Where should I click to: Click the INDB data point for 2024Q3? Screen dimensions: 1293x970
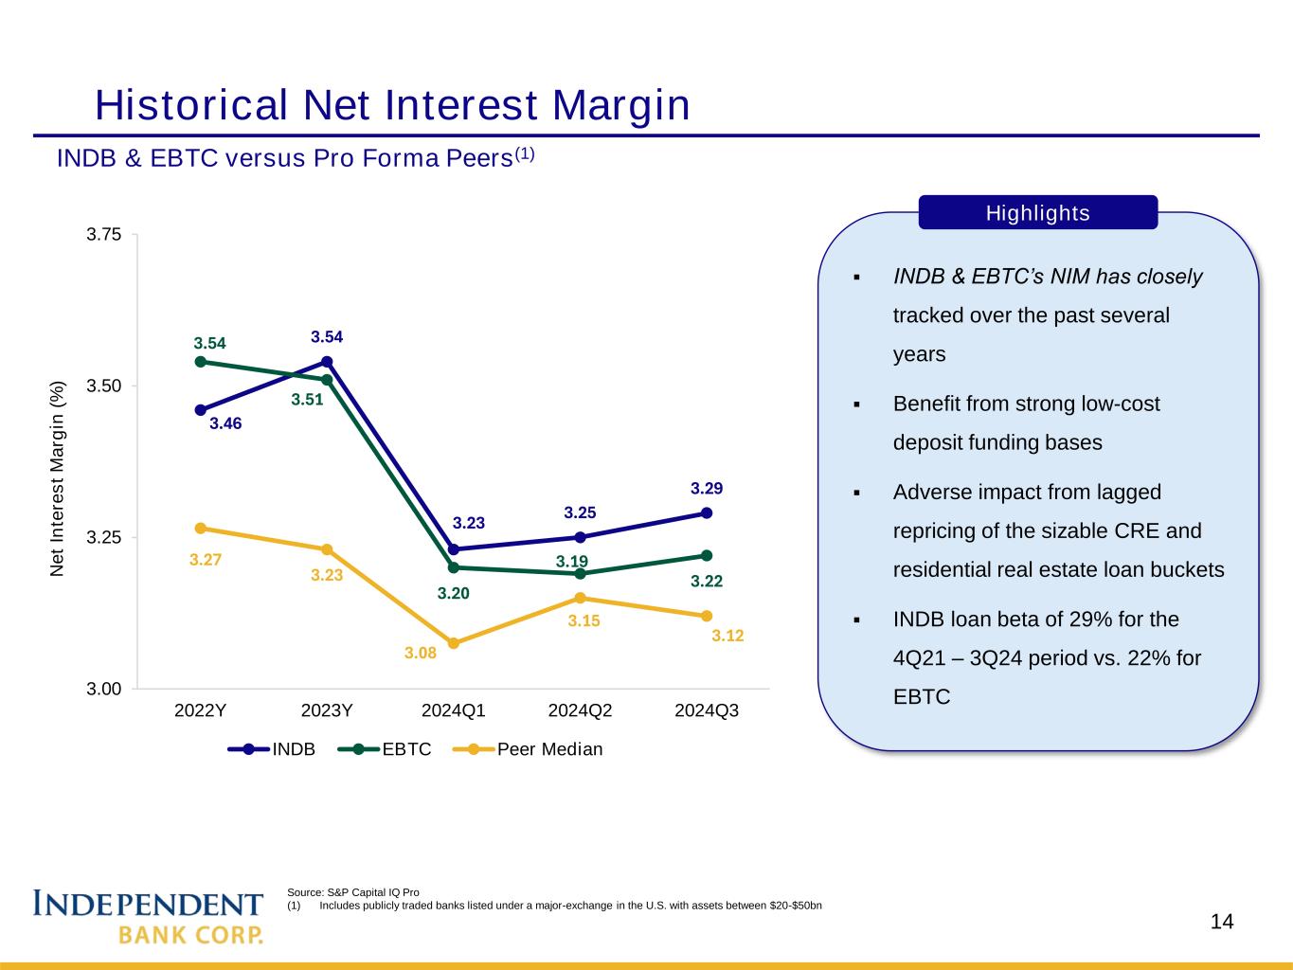click(707, 513)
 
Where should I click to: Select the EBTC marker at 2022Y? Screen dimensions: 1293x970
click(200, 362)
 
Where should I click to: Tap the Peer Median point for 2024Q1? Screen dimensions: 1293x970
click(454, 643)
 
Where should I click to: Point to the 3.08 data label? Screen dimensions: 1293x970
click(420, 654)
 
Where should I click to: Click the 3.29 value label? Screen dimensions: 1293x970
click(707, 488)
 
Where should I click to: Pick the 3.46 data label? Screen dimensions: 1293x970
click(225, 423)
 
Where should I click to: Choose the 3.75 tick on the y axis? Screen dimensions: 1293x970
click(103, 234)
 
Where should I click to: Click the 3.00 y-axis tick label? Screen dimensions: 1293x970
click(103, 689)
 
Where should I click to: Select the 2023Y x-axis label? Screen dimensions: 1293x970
click(327, 710)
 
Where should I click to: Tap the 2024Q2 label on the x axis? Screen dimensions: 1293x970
click(581, 710)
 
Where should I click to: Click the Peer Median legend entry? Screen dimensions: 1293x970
click(528, 749)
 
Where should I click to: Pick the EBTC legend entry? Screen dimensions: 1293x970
click(385, 749)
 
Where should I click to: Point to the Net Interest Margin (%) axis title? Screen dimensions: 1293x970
click(57, 478)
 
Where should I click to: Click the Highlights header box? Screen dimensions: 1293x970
click(1038, 212)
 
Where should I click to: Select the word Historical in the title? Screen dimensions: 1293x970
click(191, 105)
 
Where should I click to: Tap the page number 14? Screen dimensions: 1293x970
click(1222, 921)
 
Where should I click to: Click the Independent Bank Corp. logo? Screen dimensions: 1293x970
click(148, 916)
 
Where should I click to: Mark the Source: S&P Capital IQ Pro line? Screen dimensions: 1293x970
click(352, 892)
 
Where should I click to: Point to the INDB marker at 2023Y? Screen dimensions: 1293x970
click(327, 362)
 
